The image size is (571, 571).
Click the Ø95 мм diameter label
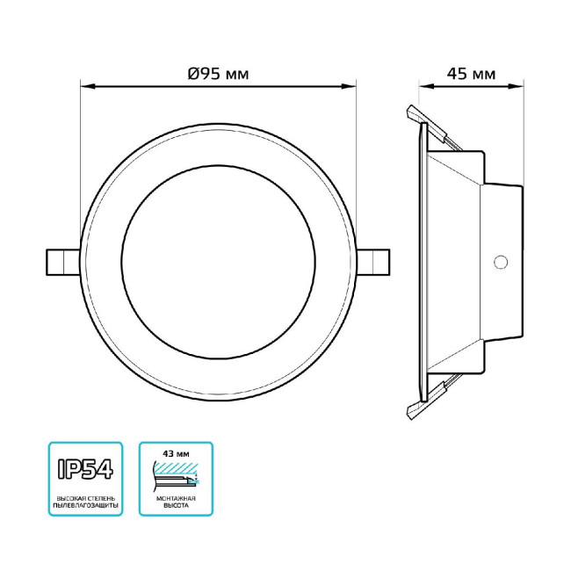(x=218, y=74)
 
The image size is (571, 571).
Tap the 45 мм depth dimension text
(x=471, y=74)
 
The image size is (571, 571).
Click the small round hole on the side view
(x=502, y=262)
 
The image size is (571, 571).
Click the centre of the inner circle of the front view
(x=219, y=263)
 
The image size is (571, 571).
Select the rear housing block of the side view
(x=503, y=262)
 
